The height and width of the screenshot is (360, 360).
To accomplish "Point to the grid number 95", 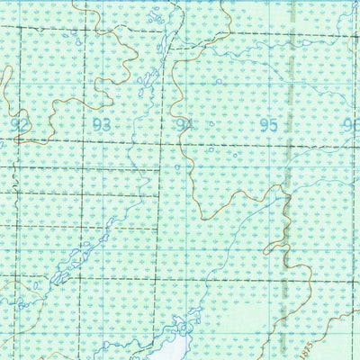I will [x=267, y=126].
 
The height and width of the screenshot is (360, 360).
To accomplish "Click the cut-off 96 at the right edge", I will [x=352, y=126].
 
